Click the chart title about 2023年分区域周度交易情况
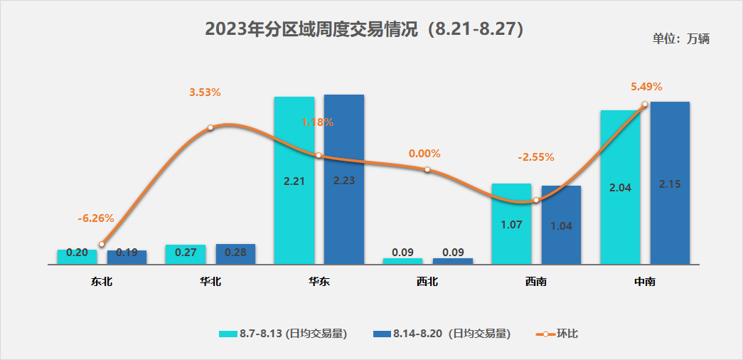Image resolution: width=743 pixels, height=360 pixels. [x=364, y=29]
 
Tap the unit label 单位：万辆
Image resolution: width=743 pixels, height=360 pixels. [x=680, y=39]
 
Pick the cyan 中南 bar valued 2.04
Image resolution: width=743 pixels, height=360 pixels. [x=620, y=187]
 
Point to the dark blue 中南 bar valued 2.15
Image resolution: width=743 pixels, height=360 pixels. [x=670, y=183]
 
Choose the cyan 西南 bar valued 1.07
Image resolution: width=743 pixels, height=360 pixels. [x=511, y=223]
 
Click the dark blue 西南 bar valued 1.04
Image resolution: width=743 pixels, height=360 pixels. [x=561, y=225]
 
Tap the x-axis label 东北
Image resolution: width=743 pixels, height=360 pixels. [x=102, y=282]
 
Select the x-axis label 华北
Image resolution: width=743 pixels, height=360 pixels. [x=210, y=282]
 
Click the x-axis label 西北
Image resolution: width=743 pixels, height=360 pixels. [x=427, y=282]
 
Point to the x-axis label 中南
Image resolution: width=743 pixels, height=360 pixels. [x=645, y=282]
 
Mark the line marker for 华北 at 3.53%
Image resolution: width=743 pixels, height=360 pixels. [x=210, y=128]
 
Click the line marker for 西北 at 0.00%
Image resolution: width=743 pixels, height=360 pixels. [x=427, y=169]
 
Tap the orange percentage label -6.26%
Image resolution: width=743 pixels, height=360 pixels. [x=96, y=218]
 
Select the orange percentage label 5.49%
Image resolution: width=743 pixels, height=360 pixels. [x=646, y=87]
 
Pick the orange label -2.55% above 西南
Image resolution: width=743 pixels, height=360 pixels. [x=536, y=157]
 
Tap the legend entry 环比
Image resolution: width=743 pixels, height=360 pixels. [x=557, y=334]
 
